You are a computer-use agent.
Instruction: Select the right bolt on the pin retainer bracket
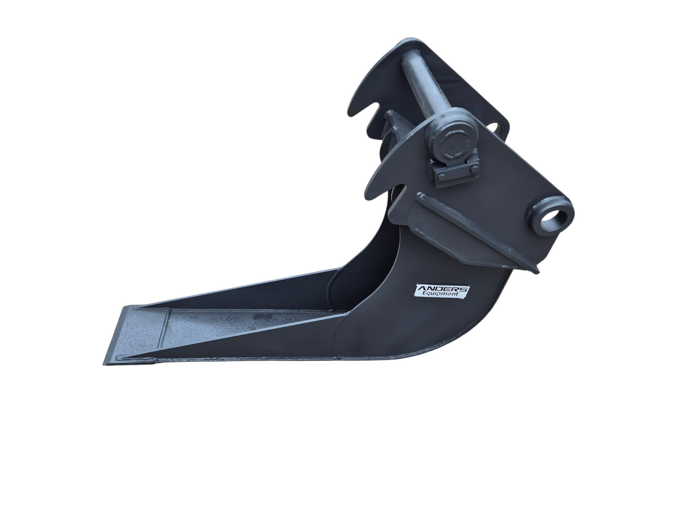click(474, 169)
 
